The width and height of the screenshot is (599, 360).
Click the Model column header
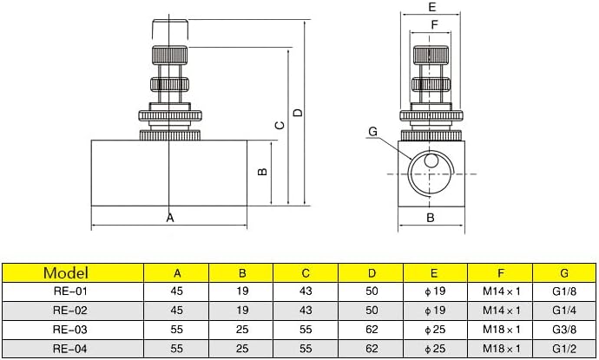click(72, 273)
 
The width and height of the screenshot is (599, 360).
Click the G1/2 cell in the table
click(564, 350)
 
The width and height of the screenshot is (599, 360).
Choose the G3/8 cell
click(564, 331)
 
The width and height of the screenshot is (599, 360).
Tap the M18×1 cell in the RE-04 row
click(500, 350)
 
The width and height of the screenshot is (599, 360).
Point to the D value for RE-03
click(371, 331)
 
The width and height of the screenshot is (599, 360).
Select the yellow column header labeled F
click(500, 273)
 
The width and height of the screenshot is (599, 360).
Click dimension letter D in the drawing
click(298, 113)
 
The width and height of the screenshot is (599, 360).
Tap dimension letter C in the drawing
click(279, 126)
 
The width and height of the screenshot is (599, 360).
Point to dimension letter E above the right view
click(431, 7)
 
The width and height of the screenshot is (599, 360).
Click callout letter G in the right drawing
click(372, 132)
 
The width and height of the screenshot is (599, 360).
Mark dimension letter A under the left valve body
click(170, 218)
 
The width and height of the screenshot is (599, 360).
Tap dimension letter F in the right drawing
click(432, 24)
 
